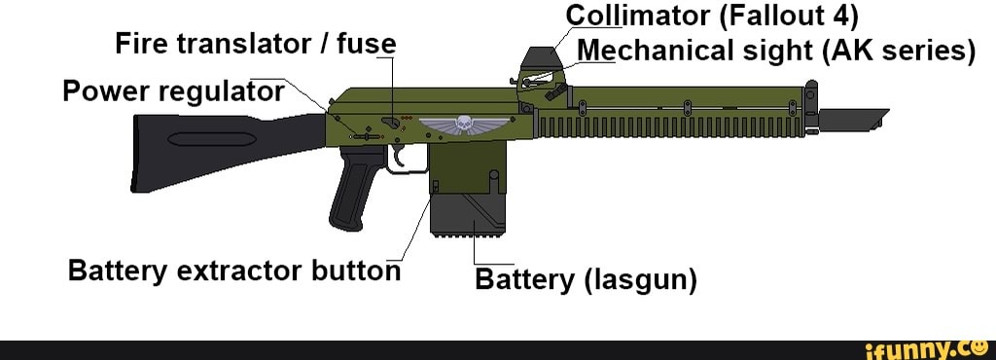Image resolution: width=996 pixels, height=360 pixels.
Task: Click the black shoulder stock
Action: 195,151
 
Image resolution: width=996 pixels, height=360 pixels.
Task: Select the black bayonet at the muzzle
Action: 854,118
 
